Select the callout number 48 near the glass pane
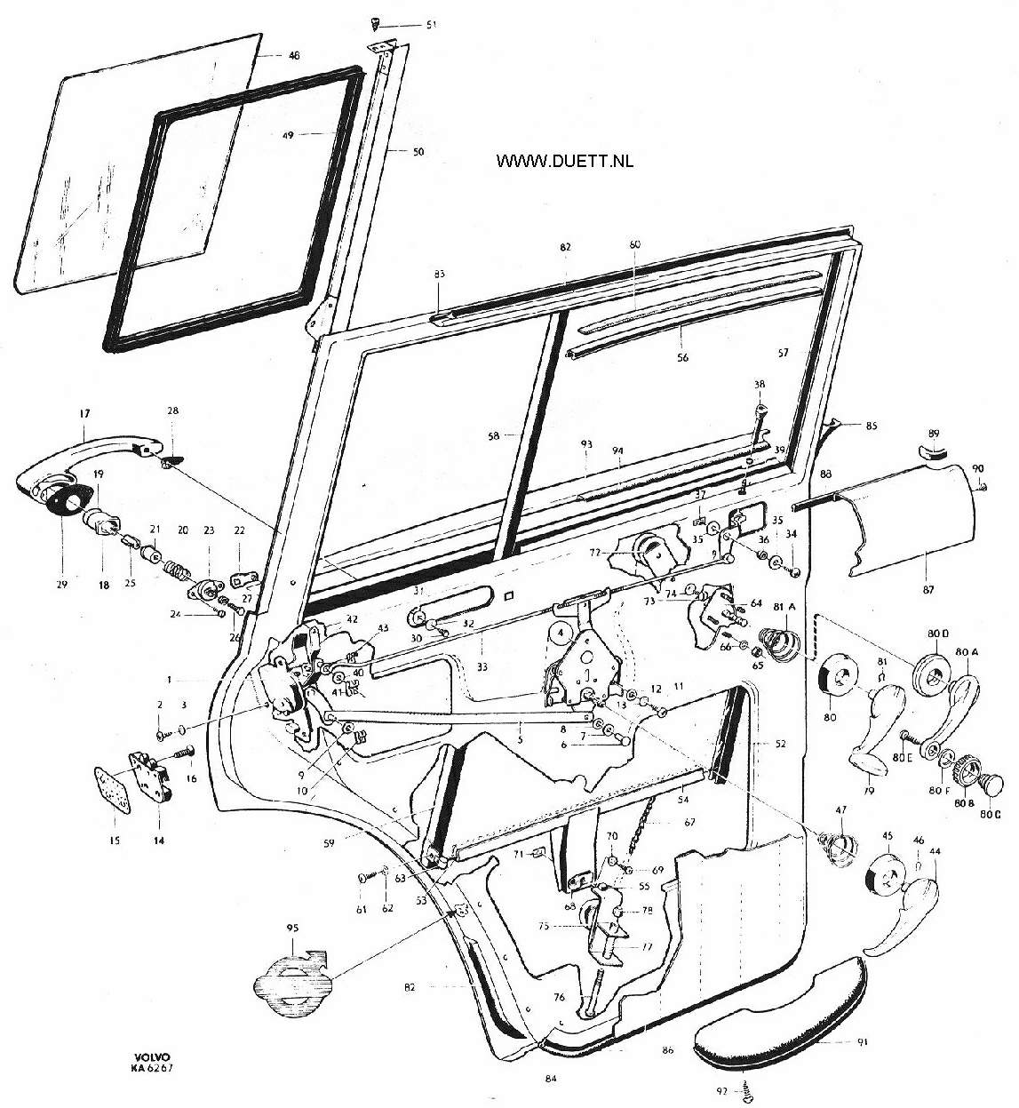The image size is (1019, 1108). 294,55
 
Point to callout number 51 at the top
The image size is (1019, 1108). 431,24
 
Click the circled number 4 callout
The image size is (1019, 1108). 561,634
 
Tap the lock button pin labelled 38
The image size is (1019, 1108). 757,426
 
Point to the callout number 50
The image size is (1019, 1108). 418,152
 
